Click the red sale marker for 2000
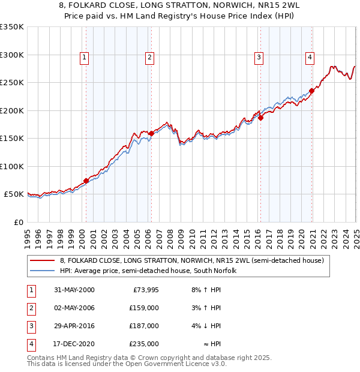coord(86,181)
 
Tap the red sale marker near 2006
coord(151,134)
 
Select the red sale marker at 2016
coord(260,118)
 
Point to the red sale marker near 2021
coord(312,91)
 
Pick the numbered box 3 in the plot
coord(259,58)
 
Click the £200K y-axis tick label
coord(12,110)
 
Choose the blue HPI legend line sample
coord(43,271)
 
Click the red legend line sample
coord(43,260)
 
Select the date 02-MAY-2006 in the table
coord(74,308)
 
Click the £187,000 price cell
coord(144,326)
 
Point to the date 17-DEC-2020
coord(74,344)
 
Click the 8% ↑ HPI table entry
coord(206,290)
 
